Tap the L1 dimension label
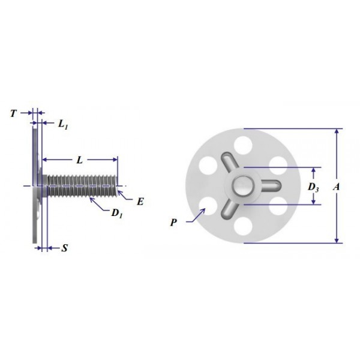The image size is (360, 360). (63, 124)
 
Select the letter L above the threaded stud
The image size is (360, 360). (79, 161)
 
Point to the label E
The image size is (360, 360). (140, 202)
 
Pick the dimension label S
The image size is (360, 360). (64, 247)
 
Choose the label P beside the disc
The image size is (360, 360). (173, 222)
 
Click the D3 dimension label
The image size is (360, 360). (313, 187)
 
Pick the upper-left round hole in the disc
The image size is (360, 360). (207, 164)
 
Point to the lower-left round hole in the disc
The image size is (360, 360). (207, 206)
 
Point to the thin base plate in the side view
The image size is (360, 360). (35, 180)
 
